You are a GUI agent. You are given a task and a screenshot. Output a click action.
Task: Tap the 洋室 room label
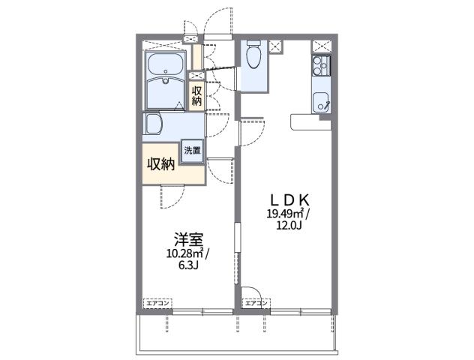(187, 240)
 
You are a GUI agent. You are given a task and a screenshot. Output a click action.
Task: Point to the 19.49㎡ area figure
(284, 214)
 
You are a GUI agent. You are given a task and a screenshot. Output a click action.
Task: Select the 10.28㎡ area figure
(184, 253)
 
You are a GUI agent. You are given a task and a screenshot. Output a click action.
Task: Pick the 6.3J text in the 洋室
(188, 265)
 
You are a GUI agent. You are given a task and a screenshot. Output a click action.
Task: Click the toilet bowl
(252, 55)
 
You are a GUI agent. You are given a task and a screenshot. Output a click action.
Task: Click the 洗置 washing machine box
(193, 149)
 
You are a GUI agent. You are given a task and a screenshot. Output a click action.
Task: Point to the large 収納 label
(160, 163)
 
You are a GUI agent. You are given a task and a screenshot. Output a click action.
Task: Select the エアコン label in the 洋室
(157, 302)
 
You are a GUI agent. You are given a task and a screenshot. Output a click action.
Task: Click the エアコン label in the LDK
(256, 302)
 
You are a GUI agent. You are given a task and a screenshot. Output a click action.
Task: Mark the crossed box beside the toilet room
(275, 46)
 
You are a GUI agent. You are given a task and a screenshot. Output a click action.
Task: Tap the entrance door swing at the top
(223, 21)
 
